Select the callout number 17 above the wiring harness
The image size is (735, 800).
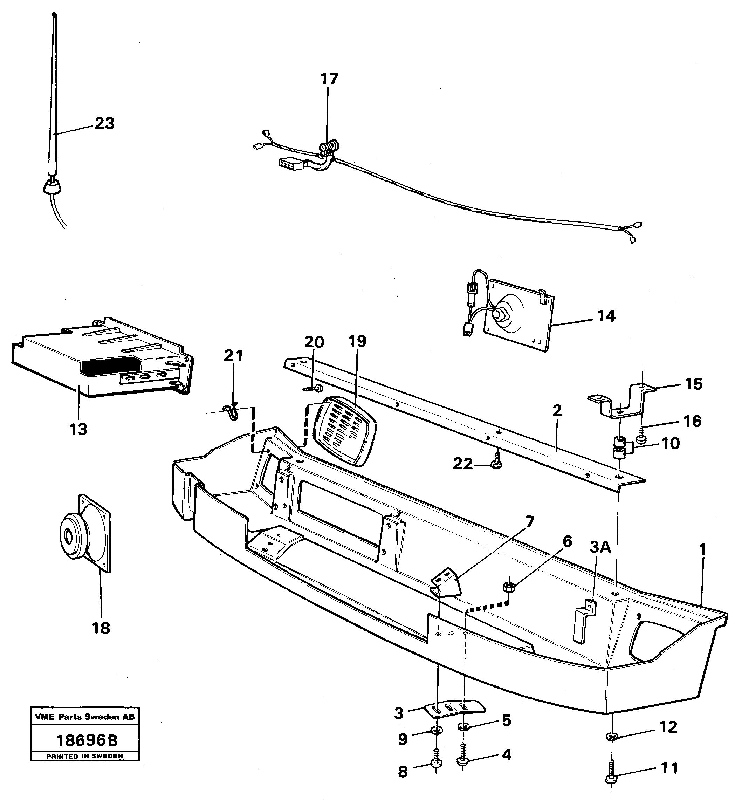[329, 79]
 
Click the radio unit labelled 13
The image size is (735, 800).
[99, 358]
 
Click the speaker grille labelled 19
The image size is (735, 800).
[344, 431]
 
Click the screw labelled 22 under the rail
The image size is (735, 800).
[496, 463]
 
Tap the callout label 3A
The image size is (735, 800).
[600, 548]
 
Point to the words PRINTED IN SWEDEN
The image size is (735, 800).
[85, 756]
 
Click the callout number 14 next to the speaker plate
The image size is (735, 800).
[606, 316]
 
